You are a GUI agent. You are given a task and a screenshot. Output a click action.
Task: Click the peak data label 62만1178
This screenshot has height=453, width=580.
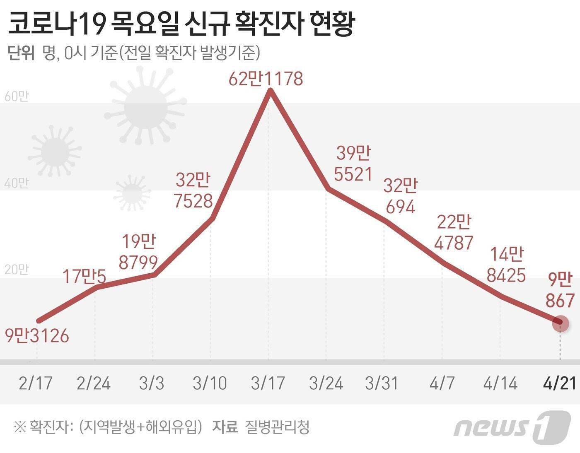coord(266,79)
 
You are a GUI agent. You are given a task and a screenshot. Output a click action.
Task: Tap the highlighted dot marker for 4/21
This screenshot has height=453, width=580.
coord(561,323)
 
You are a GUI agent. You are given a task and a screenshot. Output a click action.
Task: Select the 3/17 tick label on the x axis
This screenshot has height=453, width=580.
coord(268,383)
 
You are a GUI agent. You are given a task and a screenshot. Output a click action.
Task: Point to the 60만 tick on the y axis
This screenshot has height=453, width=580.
coord(17,96)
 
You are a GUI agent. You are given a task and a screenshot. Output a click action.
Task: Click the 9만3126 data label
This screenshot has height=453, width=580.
coord(37,335)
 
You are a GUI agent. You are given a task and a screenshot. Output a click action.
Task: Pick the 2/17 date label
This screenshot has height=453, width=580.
coord(36,383)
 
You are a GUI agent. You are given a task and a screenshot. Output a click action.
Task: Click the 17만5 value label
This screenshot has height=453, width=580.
coord(84,276)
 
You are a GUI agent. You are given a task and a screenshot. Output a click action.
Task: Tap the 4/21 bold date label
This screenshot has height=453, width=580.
coord(560,383)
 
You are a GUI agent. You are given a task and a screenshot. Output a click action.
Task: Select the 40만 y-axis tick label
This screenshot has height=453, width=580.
coord(17,183)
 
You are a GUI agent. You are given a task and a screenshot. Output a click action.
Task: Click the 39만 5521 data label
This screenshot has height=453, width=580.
coord(353,164)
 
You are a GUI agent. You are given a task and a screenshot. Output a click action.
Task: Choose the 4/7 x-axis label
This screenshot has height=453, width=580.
coord(442,383)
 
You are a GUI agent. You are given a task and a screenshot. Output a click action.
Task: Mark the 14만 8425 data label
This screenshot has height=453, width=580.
coord(506,265)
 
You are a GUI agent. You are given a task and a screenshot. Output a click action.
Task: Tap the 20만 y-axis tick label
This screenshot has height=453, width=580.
coord(17,270)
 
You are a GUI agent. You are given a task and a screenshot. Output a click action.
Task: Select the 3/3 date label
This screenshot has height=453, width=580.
coord(152,383)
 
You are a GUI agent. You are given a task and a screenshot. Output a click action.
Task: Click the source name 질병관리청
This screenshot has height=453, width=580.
coord(277,426)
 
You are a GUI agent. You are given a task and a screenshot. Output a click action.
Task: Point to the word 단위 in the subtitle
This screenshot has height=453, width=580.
coord(21,53)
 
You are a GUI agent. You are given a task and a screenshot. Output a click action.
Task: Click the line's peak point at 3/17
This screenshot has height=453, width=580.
coord(270,92)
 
